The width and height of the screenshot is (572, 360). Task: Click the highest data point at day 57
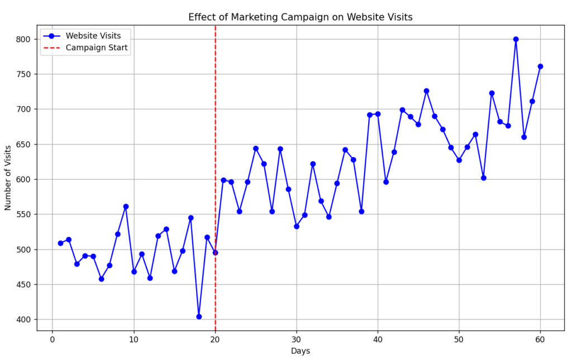[x=516, y=39]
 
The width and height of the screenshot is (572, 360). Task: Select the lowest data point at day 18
[x=199, y=316]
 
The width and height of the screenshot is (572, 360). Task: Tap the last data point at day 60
[x=540, y=66]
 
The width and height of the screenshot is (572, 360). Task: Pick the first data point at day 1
[x=60, y=243]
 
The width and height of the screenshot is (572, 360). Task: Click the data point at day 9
[x=126, y=207]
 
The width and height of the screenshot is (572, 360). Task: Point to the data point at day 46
[x=426, y=91]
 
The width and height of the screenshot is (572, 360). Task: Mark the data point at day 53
[x=483, y=178]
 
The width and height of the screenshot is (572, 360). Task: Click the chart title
[x=300, y=17]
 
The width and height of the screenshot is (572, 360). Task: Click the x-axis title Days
[x=300, y=351]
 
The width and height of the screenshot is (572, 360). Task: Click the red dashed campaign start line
[x=215, y=140]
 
